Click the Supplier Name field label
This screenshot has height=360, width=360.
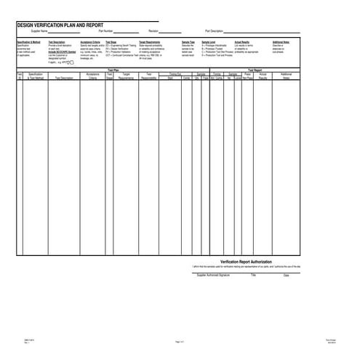coord(39,32)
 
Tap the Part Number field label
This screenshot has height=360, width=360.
coord(105,32)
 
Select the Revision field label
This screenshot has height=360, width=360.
coord(153,32)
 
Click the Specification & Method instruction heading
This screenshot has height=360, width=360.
coord(30,43)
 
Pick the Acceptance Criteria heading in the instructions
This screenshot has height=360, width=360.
coord(90,43)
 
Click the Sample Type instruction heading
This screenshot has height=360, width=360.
coord(188,43)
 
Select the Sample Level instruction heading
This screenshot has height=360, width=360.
coord(209,43)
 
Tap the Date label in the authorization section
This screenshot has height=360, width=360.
coord(286,276)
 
